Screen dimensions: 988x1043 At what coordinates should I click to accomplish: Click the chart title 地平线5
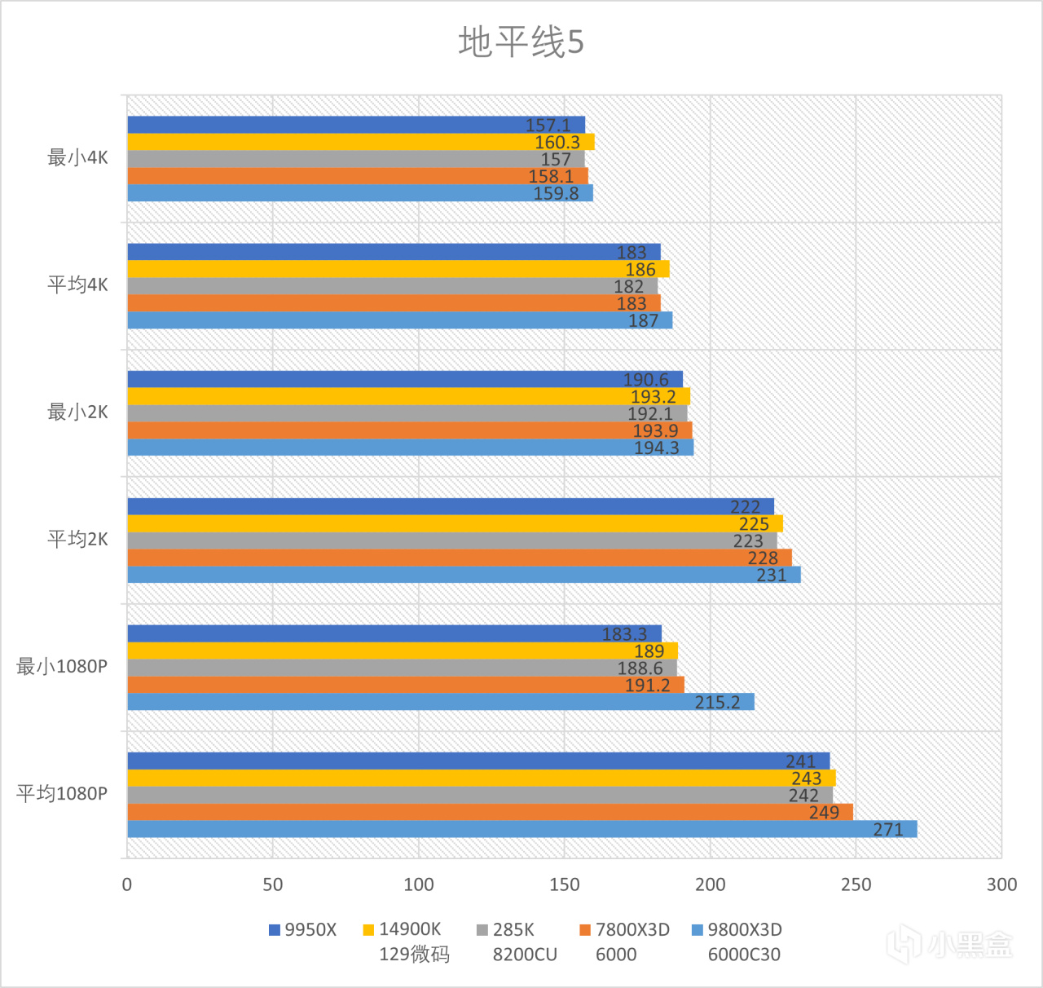click(x=521, y=42)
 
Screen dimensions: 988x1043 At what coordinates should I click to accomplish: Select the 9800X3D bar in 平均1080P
click(x=521, y=829)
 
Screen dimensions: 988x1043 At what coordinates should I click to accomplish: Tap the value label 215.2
click(x=717, y=703)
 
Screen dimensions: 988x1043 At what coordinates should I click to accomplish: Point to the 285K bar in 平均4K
click(x=392, y=286)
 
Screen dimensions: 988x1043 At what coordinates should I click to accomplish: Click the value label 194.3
click(x=656, y=448)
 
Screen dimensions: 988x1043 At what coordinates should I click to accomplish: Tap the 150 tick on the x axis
click(x=564, y=885)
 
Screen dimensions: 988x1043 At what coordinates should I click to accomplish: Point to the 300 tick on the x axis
click(x=1001, y=885)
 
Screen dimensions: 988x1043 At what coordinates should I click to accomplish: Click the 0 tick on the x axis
click(x=127, y=885)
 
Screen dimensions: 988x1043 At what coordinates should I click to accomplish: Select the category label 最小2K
click(x=77, y=412)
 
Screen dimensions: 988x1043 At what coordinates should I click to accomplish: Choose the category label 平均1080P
click(x=62, y=794)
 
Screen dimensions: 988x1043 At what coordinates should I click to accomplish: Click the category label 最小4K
click(x=77, y=158)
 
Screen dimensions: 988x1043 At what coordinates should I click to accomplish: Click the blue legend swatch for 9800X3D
click(x=697, y=930)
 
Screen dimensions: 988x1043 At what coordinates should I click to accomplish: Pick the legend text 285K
click(x=513, y=930)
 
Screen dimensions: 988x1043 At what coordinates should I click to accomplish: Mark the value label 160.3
click(x=557, y=143)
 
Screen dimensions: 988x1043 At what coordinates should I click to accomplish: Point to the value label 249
click(x=824, y=813)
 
